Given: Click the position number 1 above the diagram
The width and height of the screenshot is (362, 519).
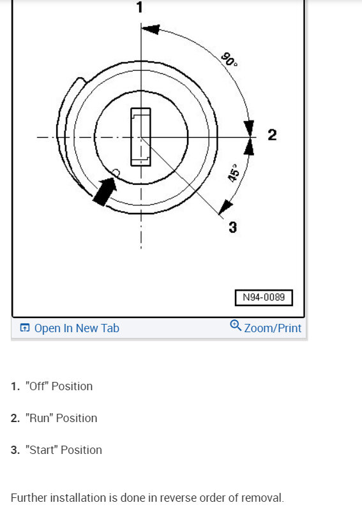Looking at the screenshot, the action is (x=140, y=7).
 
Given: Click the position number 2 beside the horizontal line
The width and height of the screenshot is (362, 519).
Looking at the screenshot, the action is (x=272, y=135).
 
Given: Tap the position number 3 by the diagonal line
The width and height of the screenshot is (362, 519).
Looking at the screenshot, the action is (x=232, y=228).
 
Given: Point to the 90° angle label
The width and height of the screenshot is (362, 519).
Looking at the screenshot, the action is (x=229, y=59).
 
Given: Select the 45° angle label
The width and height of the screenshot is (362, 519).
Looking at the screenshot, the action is (x=234, y=173).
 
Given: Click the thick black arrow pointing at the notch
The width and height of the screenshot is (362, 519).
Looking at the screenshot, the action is (x=105, y=191).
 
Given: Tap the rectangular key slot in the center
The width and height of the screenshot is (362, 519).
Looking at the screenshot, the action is (x=141, y=136).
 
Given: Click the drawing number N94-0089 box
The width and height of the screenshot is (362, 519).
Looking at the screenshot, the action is (x=264, y=298).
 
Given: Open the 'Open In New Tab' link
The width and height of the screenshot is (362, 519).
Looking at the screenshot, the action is (x=77, y=328).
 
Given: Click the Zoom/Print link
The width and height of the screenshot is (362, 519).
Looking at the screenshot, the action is (x=273, y=328).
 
